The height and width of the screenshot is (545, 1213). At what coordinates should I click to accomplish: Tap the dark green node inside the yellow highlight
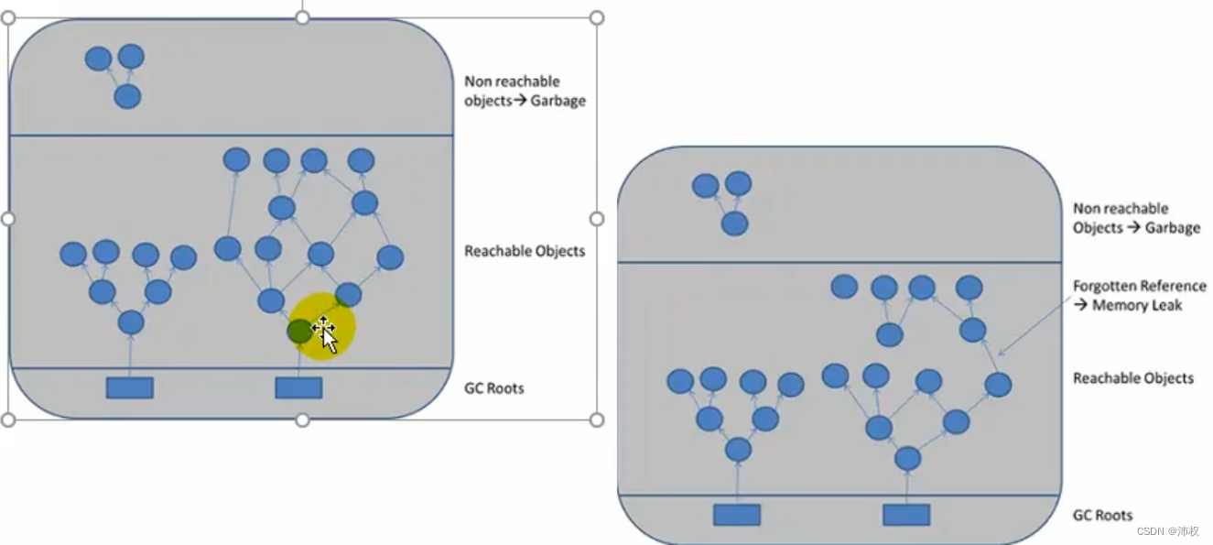299,332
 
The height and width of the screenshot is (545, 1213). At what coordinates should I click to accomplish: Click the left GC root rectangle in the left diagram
129,387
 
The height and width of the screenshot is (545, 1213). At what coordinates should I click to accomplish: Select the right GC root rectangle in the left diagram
298,387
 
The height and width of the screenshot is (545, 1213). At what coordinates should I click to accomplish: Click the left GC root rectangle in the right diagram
737,515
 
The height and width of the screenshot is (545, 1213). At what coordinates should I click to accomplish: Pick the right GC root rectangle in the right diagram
906,515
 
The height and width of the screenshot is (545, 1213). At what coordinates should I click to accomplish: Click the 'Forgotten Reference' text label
1139,286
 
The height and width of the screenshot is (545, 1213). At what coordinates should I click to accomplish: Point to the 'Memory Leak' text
1137,305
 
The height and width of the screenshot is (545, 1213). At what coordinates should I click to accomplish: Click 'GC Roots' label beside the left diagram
493,388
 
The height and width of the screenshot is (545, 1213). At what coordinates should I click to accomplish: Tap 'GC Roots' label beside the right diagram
1102,516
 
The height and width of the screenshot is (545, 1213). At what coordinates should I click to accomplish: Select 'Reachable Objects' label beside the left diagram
525,251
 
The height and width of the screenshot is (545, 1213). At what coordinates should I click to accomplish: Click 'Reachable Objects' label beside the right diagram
1133,378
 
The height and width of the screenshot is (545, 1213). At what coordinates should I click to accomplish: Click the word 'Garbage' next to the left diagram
558,101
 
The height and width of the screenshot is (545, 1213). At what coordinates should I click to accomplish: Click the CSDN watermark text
1168,531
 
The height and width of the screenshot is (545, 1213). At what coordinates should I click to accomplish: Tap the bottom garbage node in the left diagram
127,96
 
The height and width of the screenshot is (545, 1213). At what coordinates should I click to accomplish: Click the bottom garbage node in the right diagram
734,223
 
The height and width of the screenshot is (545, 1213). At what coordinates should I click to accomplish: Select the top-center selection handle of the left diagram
303,17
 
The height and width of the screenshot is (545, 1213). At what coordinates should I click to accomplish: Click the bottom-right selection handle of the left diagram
597,420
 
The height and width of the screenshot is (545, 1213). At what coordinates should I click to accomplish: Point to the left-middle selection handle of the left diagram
8,219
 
